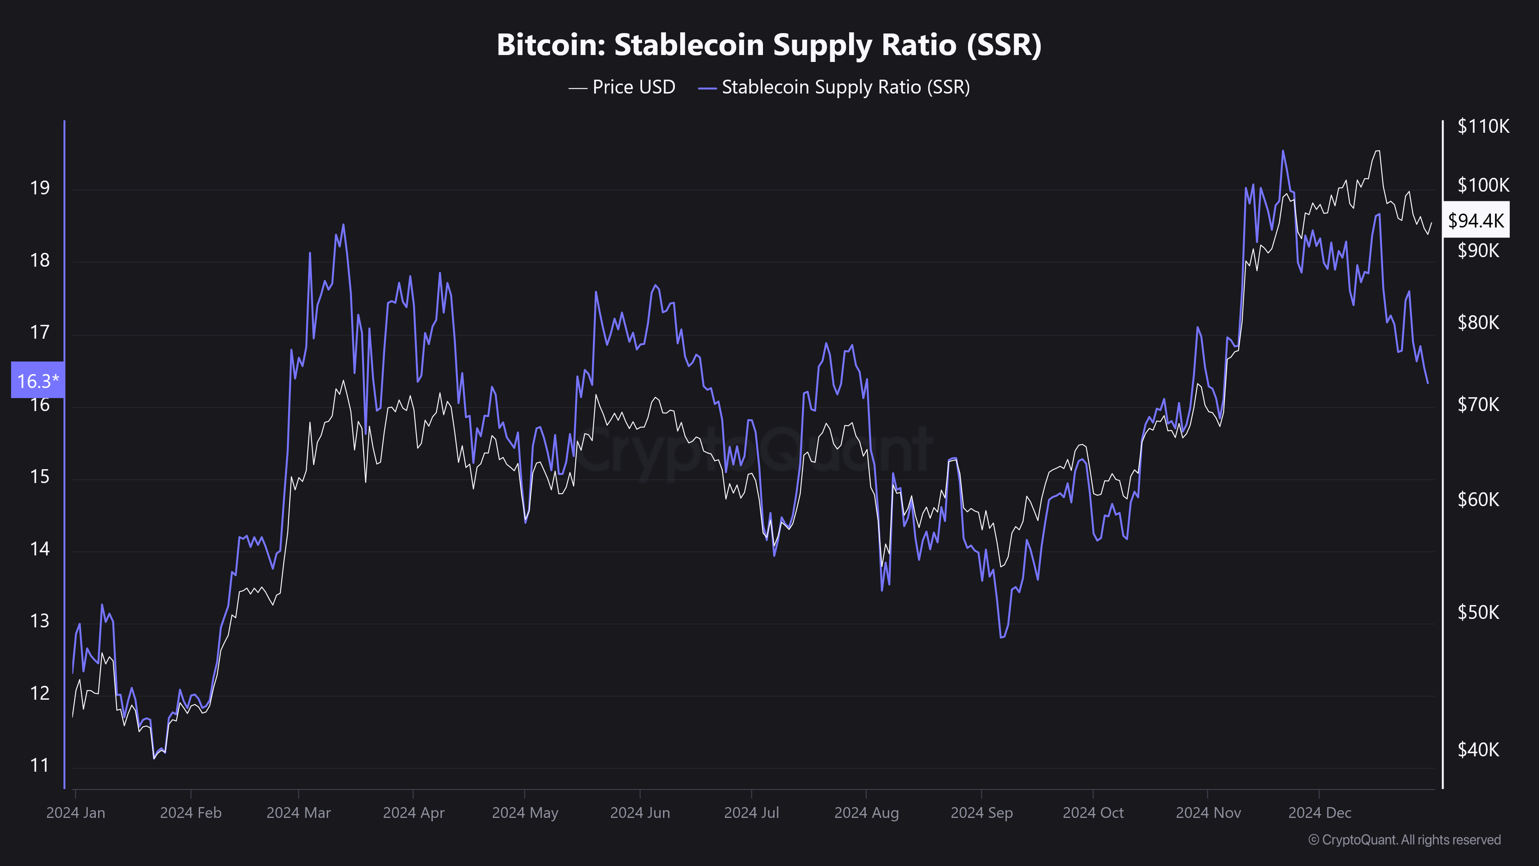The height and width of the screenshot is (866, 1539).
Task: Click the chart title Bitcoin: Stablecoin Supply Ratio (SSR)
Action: [769, 45]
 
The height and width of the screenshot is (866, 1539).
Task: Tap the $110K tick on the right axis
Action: [1483, 126]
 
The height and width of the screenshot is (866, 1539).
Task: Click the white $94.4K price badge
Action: [1476, 221]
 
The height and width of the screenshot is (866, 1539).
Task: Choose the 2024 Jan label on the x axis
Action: [76, 813]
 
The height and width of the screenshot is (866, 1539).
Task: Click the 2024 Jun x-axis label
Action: [640, 813]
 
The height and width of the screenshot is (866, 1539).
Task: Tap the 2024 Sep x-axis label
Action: [981, 813]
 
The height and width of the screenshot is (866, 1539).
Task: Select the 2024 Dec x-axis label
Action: [1320, 813]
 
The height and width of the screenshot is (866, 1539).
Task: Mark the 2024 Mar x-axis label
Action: [299, 813]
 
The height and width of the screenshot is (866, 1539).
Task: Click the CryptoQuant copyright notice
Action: [1404, 840]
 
